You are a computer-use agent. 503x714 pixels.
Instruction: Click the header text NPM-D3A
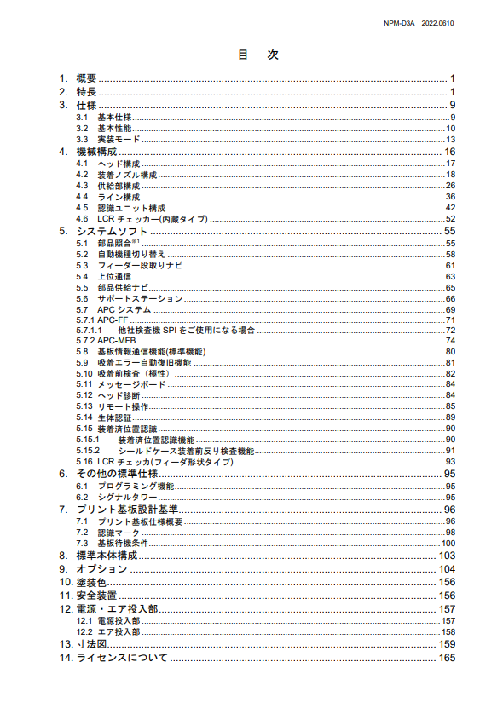(400, 23)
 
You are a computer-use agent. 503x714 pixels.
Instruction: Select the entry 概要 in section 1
(86, 78)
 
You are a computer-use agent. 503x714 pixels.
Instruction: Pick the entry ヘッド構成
(119, 164)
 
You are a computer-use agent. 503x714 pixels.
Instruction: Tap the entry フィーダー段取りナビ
(140, 266)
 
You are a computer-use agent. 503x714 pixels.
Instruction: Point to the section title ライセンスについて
(122, 659)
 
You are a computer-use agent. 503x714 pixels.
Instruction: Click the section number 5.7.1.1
(89, 330)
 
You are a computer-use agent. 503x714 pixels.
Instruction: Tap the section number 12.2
(84, 632)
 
